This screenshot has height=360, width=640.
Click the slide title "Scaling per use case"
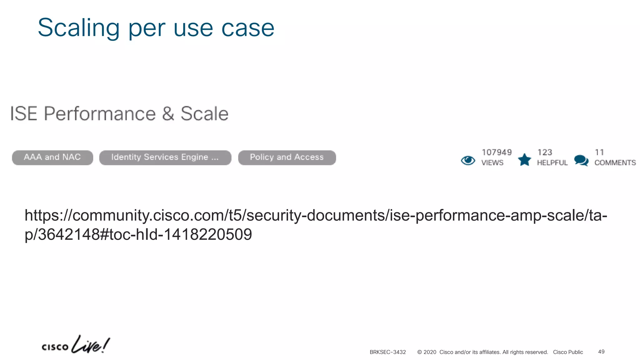[156, 28]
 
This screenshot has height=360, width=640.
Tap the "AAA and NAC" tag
[52, 157]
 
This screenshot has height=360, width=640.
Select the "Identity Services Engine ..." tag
[165, 157]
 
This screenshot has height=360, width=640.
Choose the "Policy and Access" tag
[287, 157]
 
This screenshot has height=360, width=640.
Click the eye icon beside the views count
[468, 160]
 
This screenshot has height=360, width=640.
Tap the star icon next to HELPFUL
[524, 160]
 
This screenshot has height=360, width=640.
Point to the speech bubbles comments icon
[581, 160]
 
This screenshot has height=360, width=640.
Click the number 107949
[497, 152]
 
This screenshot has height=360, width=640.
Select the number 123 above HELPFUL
[545, 152]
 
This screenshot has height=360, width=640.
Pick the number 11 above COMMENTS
[599, 152]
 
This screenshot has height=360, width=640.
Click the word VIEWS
[492, 163]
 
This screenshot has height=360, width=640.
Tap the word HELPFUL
[552, 163]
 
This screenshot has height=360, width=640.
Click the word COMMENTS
[615, 163]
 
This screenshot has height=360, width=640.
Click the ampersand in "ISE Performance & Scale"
[168, 113]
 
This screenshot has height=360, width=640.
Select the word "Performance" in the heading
[100, 113]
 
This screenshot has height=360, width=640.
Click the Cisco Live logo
[75, 345]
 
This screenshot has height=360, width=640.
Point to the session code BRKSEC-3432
[387, 352]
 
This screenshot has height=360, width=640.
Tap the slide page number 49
[601, 352]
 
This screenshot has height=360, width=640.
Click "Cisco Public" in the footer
[568, 352]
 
